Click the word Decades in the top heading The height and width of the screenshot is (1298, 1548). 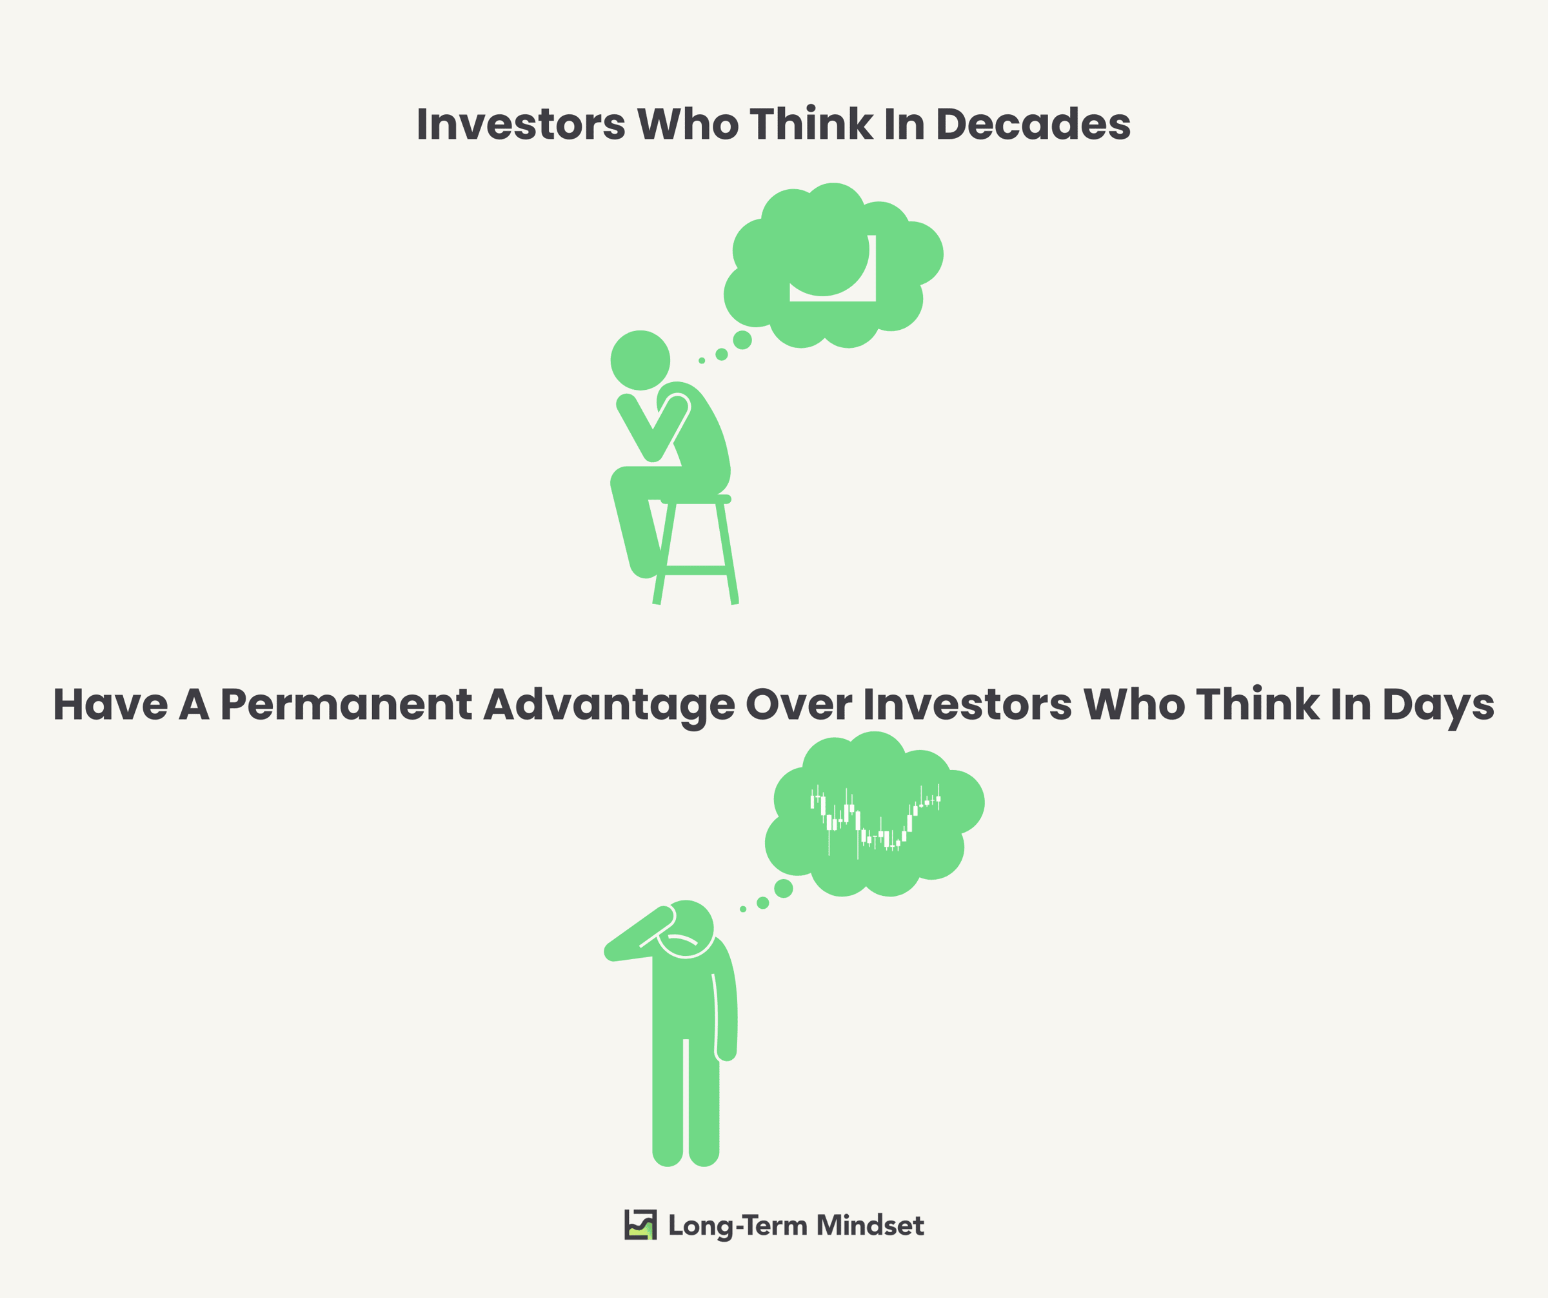1033,124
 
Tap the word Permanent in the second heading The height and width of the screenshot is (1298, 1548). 346,705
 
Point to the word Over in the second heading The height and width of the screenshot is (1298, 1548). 799,705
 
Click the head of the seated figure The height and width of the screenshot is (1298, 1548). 640,361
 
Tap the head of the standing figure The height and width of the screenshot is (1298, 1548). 686,929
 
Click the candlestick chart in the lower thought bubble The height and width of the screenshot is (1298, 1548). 875,821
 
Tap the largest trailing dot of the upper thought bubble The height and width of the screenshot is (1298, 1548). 742,340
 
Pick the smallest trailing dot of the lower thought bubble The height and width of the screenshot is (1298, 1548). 743,909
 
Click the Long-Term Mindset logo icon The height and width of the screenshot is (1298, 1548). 640,1225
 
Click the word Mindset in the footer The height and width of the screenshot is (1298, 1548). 871,1226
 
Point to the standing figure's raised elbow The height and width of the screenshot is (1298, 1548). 611,952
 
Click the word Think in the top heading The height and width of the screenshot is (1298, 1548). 811,124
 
